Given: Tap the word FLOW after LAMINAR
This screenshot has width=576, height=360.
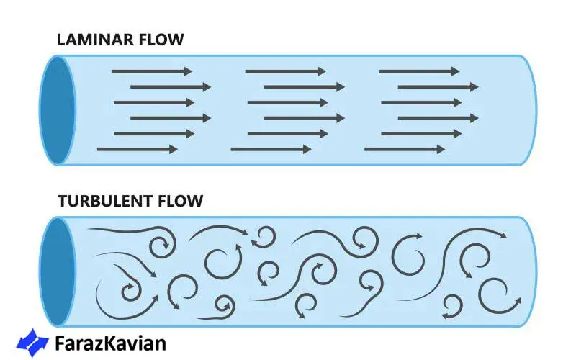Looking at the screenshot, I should [x=163, y=40].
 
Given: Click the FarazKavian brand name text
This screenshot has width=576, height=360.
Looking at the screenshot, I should [x=110, y=343].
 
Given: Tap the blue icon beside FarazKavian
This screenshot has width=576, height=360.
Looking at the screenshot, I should [x=33, y=342].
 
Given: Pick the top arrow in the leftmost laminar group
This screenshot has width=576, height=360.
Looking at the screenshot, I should [x=152, y=71].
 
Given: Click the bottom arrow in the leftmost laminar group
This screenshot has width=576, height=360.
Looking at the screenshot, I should [x=137, y=149].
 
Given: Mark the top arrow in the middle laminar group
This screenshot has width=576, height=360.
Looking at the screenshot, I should [x=285, y=71].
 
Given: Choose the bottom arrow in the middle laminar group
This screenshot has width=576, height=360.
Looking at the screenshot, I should [x=271, y=149].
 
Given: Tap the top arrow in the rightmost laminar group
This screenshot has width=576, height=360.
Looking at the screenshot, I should [x=419, y=71].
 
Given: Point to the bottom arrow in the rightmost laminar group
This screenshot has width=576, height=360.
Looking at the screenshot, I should [x=405, y=149].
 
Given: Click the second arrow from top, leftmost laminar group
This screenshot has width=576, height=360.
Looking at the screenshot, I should [x=171, y=86].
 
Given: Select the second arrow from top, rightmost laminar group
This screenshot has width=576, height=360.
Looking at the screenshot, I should [x=438, y=86].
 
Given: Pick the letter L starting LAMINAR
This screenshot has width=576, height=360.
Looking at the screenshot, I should [x=61, y=40].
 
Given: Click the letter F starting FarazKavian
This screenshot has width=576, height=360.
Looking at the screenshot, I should [x=60, y=343].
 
